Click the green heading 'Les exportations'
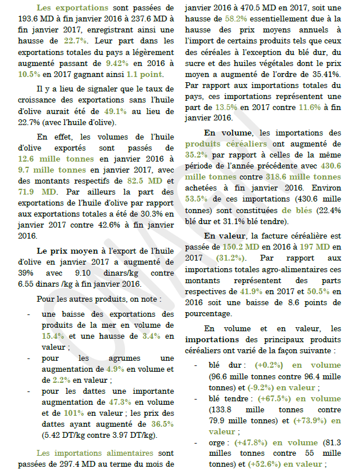click(72, 8)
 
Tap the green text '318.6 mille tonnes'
click(312, 177)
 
